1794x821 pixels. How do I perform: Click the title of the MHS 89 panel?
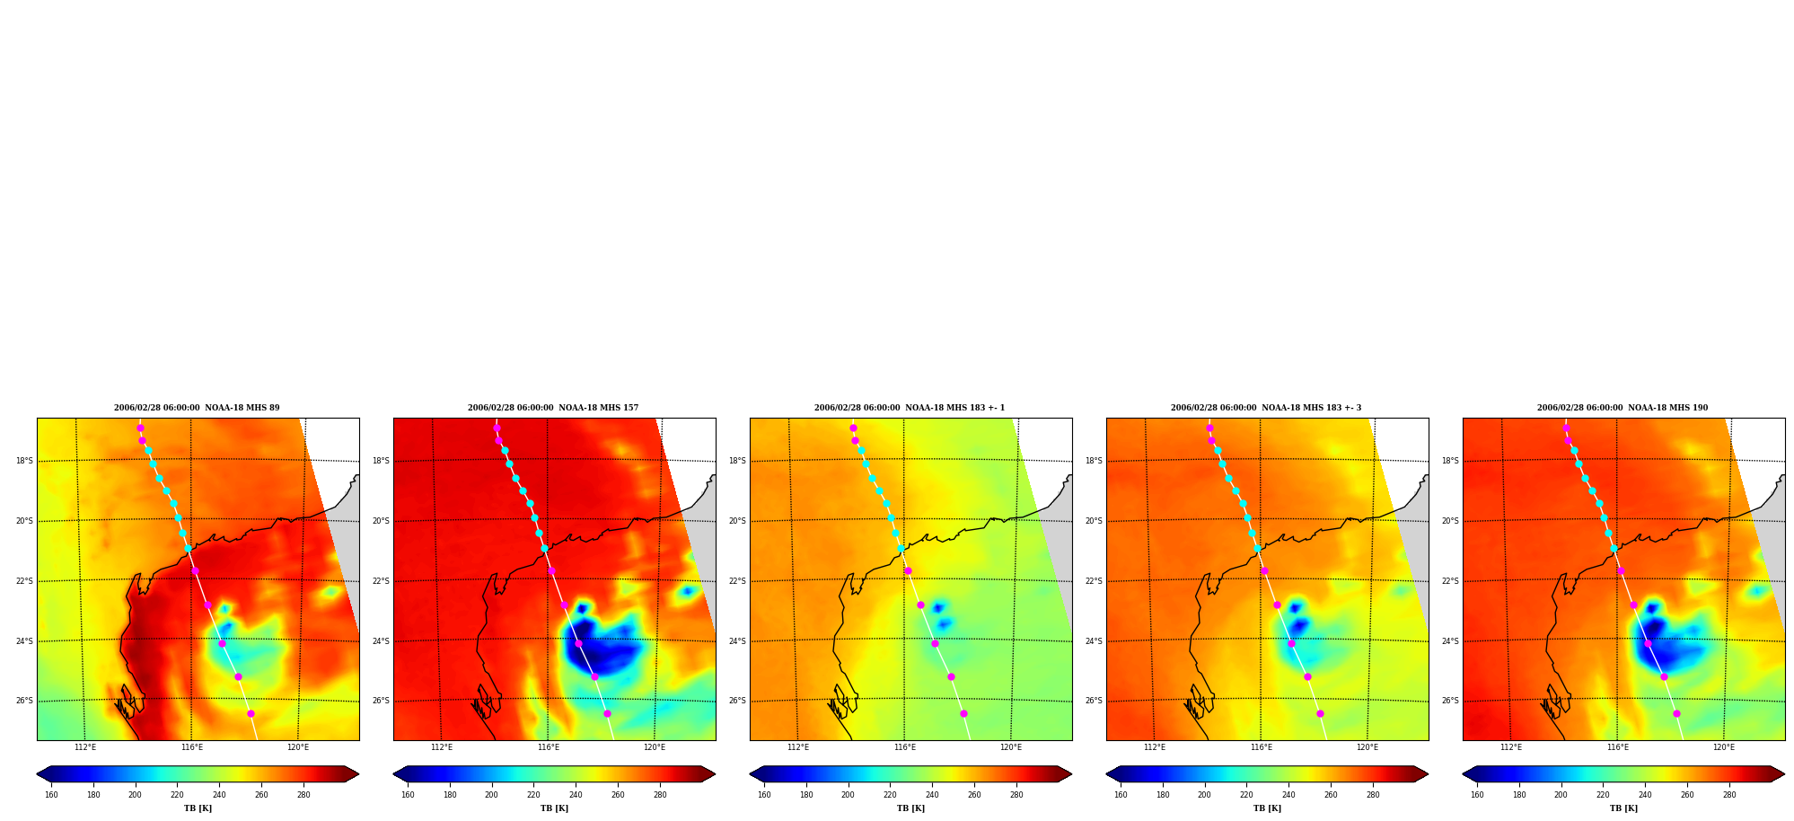click(x=197, y=408)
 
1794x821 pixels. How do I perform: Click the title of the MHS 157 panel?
click(x=553, y=408)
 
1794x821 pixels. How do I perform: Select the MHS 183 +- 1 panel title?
click(x=910, y=408)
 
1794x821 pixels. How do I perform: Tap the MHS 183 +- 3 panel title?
click(x=1266, y=408)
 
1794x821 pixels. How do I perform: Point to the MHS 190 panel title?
click(x=1623, y=408)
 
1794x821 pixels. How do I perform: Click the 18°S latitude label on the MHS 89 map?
click(x=24, y=461)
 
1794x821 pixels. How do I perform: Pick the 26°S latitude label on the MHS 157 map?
click(x=381, y=701)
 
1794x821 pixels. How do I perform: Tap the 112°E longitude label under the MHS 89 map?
click(x=85, y=747)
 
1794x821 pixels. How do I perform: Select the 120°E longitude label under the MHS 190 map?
click(x=1724, y=747)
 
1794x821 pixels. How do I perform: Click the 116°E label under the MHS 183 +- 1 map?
click(x=905, y=747)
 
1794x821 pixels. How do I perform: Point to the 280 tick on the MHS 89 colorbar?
click(x=303, y=795)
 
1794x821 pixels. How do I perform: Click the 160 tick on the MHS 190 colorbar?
click(x=1477, y=795)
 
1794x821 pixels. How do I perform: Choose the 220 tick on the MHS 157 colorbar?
click(x=533, y=795)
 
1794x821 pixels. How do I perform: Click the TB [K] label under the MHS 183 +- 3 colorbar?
click(x=1267, y=808)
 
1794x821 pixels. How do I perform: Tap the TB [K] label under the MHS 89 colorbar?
click(x=198, y=808)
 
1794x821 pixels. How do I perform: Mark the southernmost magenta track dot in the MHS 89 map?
click(x=251, y=714)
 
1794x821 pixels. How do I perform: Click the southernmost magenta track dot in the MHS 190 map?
click(x=1676, y=714)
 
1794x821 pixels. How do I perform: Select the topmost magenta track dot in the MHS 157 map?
click(x=497, y=428)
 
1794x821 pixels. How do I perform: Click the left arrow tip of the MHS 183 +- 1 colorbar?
click(x=751, y=774)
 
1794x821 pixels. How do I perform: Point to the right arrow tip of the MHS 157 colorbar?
click(x=715, y=774)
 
